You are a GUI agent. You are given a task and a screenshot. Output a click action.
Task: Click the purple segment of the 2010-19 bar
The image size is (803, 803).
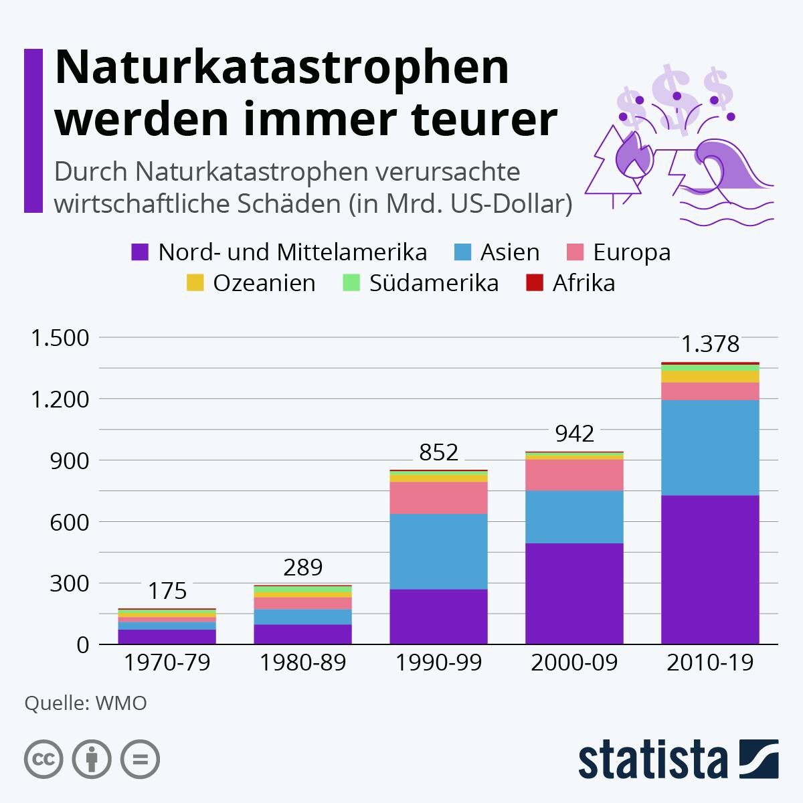tap(710, 569)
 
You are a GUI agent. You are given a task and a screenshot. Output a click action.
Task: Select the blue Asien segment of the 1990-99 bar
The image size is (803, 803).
tap(438, 551)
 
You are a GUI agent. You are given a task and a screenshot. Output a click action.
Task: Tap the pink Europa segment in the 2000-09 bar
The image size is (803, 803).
tap(574, 475)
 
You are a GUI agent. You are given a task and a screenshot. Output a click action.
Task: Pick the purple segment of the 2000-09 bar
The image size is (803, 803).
tap(574, 594)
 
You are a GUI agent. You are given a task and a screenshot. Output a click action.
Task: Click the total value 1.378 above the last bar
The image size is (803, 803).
tap(710, 344)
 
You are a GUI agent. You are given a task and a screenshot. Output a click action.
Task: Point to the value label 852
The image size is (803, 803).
tap(438, 453)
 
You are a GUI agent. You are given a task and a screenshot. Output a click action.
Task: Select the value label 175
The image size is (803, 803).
tap(167, 591)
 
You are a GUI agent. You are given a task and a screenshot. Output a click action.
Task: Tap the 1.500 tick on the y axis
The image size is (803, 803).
tap(60, 338)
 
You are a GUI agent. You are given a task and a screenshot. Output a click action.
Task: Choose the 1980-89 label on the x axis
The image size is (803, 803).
tap(302, 663)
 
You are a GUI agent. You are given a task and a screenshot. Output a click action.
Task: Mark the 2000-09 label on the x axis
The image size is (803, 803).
tap(574, 663)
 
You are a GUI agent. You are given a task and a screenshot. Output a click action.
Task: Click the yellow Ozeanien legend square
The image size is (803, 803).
tap(194, 283)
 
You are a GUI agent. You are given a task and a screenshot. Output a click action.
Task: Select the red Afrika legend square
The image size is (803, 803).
tap(534, 283)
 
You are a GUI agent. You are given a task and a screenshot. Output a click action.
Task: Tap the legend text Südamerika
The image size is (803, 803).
tap(434, 283)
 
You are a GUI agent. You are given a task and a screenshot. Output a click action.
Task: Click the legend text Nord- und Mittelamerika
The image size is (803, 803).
tap(292, 252)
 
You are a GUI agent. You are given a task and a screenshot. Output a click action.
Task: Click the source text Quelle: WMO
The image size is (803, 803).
tap(86, 703)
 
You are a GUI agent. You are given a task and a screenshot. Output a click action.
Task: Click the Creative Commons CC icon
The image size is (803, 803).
tap(43, 760)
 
